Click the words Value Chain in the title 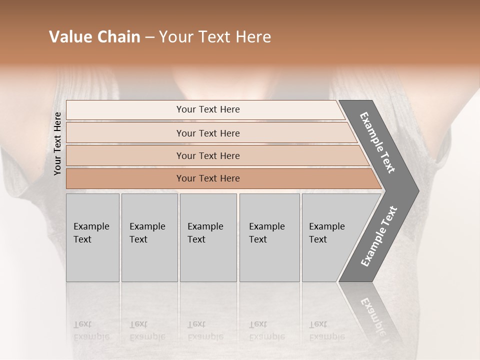94,37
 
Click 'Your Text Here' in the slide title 215,37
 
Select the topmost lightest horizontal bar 207,109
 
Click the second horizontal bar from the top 207,133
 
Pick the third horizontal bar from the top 207,155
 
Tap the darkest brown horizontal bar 207,178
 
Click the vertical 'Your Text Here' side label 57,143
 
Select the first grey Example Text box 92,237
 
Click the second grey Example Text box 149,237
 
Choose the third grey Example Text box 207,237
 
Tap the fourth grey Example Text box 269,237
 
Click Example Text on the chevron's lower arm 379,236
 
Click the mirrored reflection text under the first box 91,330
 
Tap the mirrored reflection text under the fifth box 326,330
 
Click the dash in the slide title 149,37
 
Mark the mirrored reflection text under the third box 205,330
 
